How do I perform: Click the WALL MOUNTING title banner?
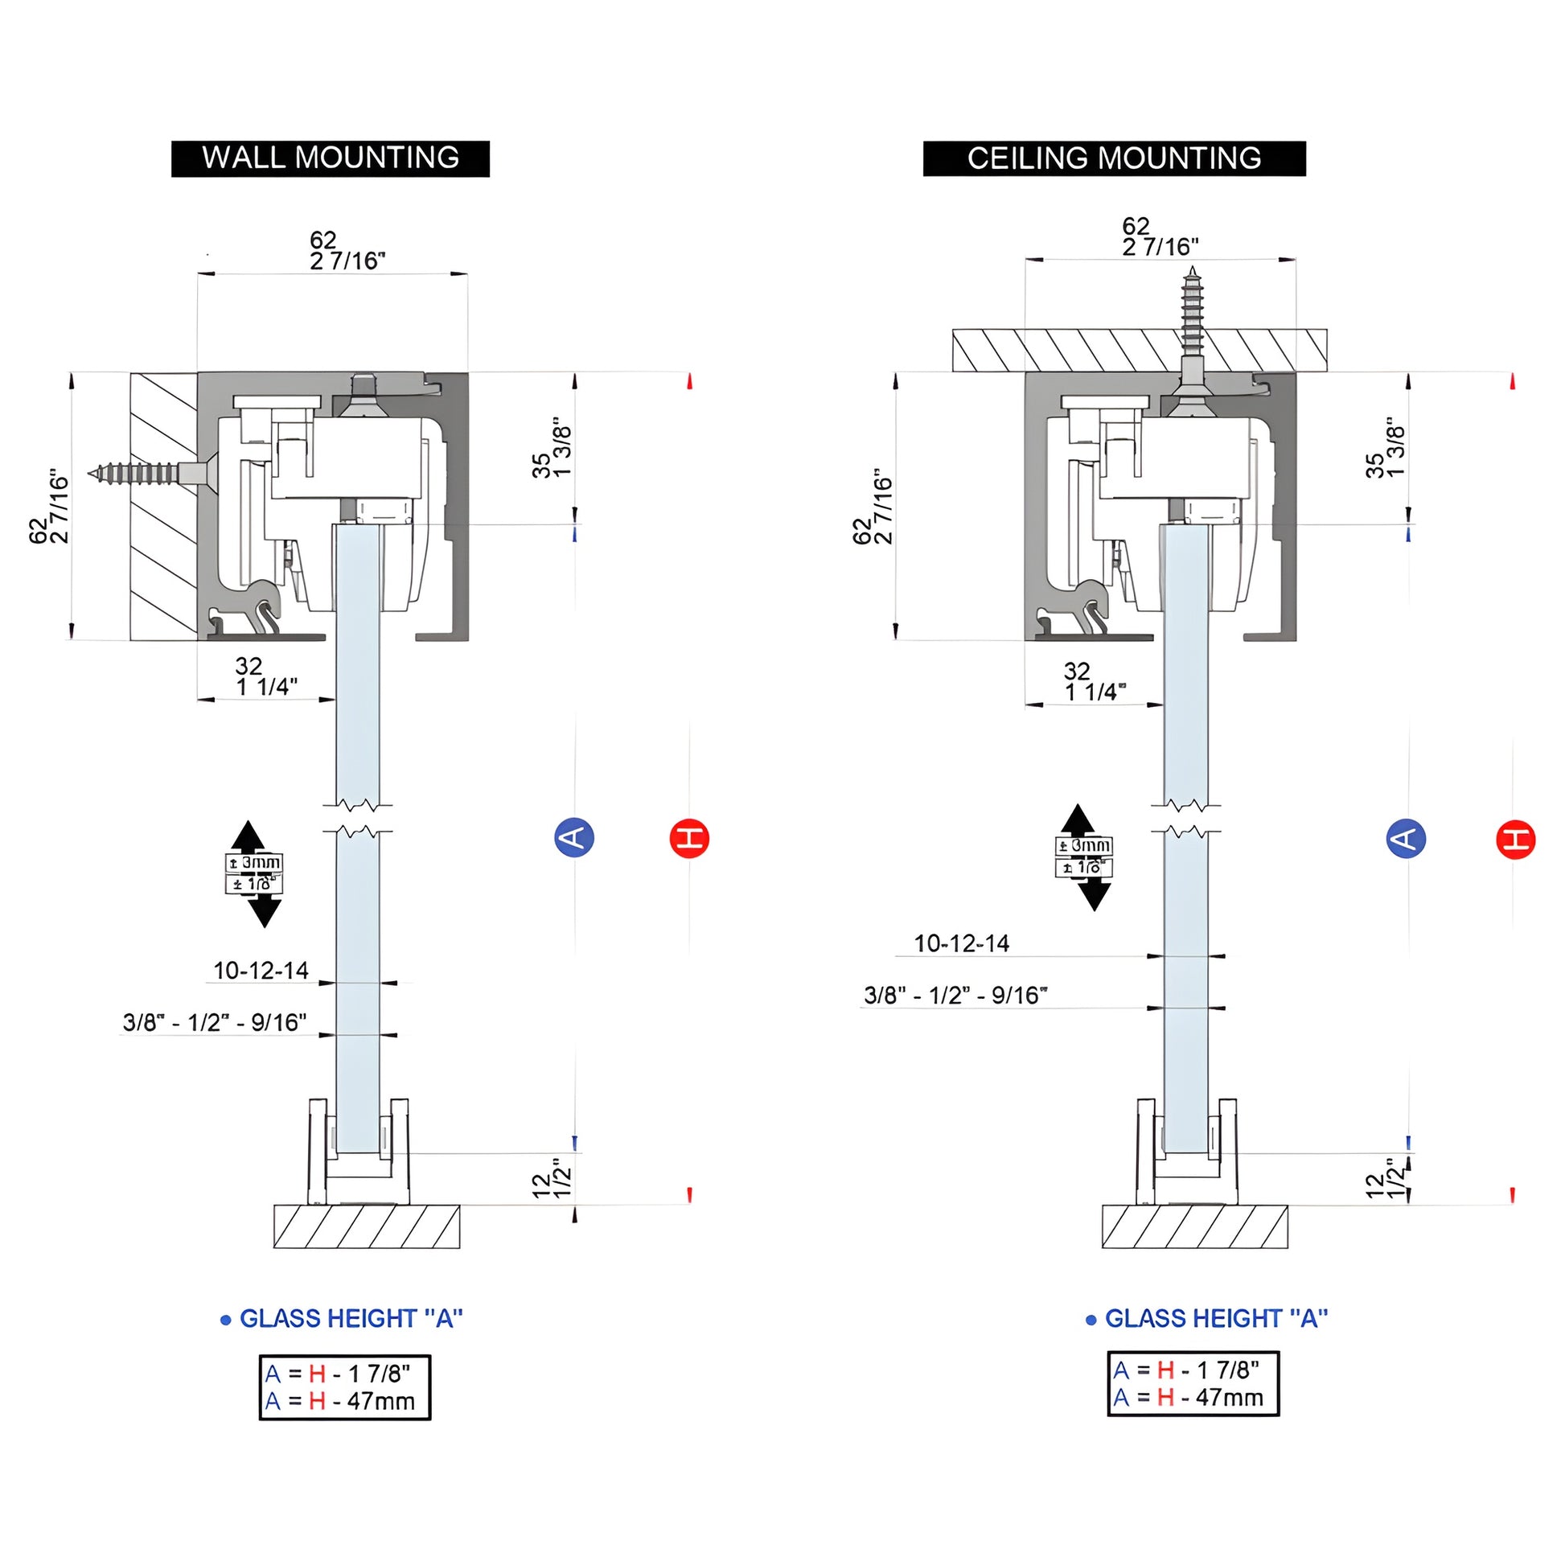330,158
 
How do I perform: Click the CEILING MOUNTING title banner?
1114,158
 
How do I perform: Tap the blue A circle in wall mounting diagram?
574,836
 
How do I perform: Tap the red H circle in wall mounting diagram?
689,836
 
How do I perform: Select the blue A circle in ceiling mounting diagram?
1407,836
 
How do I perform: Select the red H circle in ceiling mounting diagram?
1515,838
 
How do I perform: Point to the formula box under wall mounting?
345,1387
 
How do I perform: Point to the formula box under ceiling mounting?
1193,1383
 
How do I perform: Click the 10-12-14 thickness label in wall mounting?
261,971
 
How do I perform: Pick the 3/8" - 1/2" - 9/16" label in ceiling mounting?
956,995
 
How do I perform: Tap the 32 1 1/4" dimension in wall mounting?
265,676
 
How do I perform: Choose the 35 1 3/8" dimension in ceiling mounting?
1384,450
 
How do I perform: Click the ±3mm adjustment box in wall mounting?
253,864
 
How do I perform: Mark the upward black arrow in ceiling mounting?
1078,819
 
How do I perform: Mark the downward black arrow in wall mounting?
264,910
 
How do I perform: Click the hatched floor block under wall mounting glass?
367,1226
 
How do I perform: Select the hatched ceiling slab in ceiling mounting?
1139,350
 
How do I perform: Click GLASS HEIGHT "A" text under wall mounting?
351,1319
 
